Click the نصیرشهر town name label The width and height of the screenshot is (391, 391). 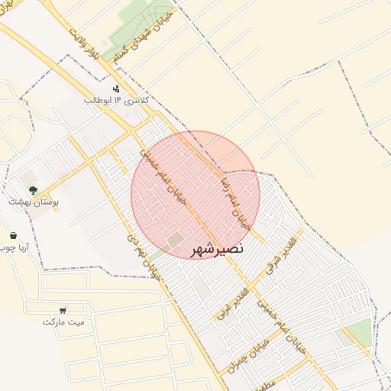215,248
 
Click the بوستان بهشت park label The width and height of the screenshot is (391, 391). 34,202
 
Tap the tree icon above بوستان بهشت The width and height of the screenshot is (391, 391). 33,189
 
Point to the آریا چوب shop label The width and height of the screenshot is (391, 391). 13,248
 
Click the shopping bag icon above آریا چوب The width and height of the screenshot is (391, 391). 13,235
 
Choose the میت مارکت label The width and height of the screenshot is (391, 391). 63,322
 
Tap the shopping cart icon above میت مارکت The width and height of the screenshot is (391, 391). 63,310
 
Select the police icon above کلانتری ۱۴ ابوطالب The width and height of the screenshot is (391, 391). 116,89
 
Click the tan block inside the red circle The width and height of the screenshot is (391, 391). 175,240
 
